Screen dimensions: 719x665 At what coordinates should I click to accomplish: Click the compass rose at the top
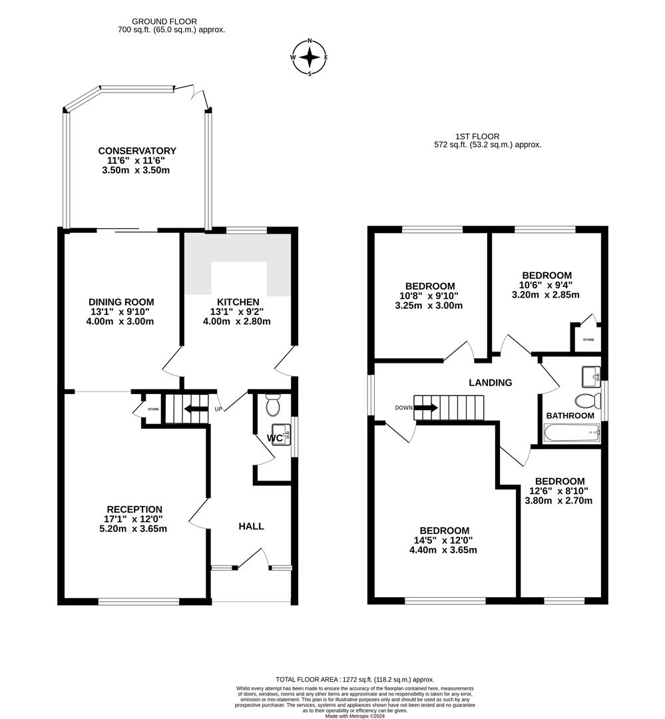[x=310, y=57]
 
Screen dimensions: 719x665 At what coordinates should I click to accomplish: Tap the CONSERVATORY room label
[x=137, y=151]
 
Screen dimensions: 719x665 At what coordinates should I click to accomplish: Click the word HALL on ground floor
[x=251, y=526]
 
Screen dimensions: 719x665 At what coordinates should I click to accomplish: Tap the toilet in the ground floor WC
[x=273, y=404]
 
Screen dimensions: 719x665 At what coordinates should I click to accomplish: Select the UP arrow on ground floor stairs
[x=197, y=408]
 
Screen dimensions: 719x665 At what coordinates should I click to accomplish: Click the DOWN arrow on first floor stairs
[x=426, y=407]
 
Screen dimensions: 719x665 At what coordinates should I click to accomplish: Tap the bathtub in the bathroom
[x=572, y=434]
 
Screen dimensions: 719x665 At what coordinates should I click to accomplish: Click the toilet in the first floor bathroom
[x=586, y=401]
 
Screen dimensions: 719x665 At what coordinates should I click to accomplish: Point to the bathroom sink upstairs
[x=591, y=377]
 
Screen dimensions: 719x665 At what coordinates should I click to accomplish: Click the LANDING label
[x=491, y=383]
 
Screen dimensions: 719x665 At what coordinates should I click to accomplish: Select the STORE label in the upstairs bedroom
[x=588, y=340]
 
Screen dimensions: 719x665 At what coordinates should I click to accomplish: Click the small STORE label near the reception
[x=152, y=409]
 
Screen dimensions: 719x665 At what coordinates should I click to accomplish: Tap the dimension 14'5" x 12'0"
[x=443, y=541]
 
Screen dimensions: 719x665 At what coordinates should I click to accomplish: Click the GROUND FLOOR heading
[x=164, y=22]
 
